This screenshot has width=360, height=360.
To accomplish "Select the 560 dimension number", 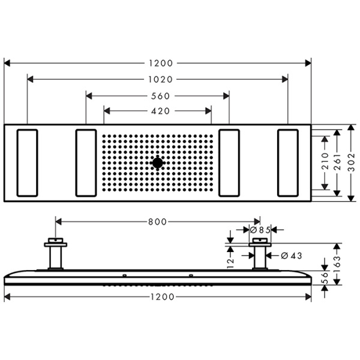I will click(x=158, y=95).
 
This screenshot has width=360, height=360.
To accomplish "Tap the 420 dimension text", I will click(x=158, y=111).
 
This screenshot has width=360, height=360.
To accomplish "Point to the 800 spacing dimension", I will click(x=158, y=222).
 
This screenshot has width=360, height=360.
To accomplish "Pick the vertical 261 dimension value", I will click(x=339, y=163).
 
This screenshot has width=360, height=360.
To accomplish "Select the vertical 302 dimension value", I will click(x=352, y=163).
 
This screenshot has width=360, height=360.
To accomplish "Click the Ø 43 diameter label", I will click(x=291, y=256).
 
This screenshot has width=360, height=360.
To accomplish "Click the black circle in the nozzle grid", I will click(x=158, y=162).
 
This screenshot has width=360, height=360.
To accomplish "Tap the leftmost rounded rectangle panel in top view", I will click(x=28, y=162).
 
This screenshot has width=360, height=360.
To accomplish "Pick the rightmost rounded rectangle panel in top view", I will click(x=289, y=162).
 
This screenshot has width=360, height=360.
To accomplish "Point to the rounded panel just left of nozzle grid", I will click(x=86, y=162).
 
